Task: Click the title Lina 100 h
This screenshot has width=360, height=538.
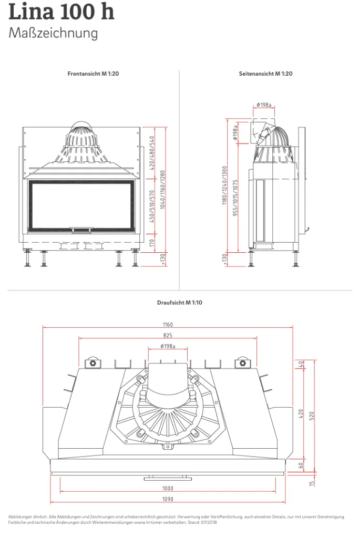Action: (61, 11)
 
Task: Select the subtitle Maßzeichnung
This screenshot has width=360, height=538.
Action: (53, 33)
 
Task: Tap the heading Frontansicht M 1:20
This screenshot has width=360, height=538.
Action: (93, 74)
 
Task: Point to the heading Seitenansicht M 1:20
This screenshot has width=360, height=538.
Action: (265, 74)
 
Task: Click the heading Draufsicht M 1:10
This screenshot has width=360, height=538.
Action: (180, 303)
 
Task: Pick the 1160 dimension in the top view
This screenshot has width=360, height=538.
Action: (168, 325)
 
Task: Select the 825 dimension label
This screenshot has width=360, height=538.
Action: (168, 336)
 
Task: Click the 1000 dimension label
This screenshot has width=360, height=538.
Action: (168, 488)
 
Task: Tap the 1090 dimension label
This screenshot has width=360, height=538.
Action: (168, 499)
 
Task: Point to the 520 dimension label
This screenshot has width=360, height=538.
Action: (312, 417)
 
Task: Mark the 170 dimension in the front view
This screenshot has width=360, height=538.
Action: (152, 243)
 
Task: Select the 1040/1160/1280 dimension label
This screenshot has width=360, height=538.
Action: (163, 189)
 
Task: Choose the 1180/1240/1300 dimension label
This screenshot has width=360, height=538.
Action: (225, 185)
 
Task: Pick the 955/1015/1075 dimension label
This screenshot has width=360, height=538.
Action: (235, 198)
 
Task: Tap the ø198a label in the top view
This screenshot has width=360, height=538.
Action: (168, 347)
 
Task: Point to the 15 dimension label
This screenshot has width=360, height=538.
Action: (312, 483)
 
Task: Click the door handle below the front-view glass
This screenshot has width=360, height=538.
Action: (81, 228)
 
